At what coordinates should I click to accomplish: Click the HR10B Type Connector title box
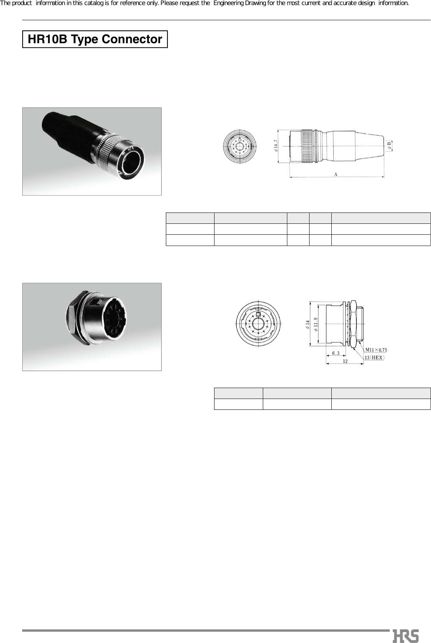[x=95, y=39]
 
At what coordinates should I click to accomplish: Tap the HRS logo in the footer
[x=406, y=635]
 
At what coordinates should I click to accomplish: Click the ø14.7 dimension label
[x=275, y=146]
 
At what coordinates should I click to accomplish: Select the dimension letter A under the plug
[x=336, y=174]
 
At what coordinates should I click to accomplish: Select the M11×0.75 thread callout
[x=376, y=350]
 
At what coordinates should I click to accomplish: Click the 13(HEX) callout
[x=374, y=357]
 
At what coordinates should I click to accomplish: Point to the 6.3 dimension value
[x=336, y=353]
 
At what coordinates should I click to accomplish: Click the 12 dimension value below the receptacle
[x=345, y=361]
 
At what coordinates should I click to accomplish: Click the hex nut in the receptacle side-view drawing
[x=354, y=323]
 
